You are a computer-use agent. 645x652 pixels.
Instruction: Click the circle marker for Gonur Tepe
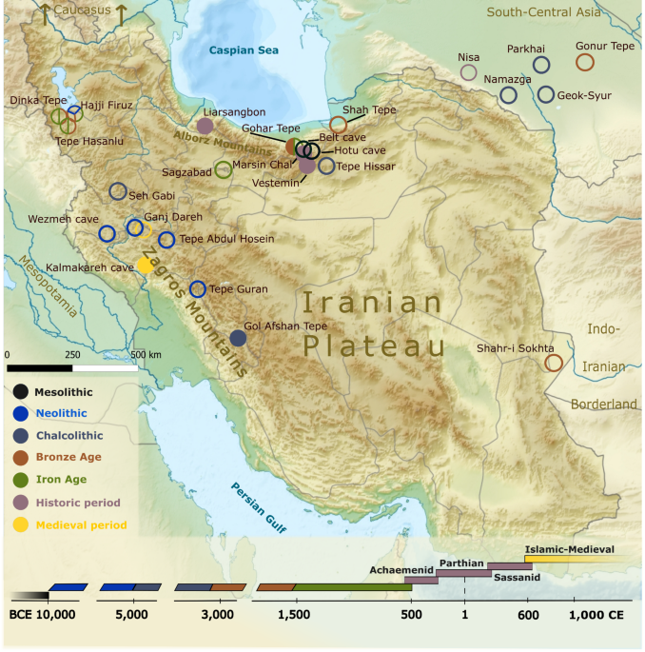585,62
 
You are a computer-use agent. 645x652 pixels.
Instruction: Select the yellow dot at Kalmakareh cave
145,266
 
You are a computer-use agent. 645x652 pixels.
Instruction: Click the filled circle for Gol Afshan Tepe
239,338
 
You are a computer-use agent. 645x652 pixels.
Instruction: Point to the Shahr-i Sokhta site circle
554,363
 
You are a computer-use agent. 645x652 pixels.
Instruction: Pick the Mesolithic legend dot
21,391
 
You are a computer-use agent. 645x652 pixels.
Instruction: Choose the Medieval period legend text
80,524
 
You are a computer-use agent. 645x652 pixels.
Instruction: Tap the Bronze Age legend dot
21,458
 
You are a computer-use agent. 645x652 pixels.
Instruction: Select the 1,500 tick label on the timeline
296,616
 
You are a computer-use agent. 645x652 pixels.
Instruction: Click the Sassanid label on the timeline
517,578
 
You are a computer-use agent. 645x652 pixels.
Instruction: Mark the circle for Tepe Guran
198,289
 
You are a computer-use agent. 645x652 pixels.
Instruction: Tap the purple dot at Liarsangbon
205,126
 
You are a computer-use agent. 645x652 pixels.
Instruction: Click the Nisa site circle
468,71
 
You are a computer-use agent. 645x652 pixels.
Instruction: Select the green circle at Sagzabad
223,170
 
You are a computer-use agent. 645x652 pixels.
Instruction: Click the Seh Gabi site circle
118,191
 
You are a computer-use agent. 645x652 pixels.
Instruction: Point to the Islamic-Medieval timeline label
569,549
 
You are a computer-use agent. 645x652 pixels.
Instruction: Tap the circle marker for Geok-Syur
545,94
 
